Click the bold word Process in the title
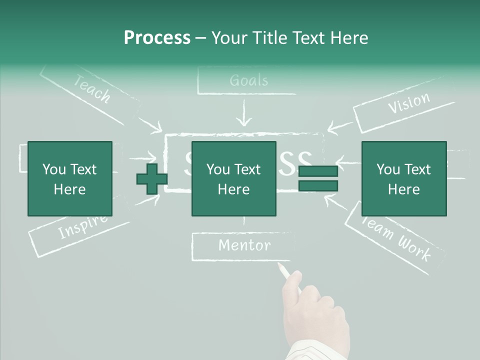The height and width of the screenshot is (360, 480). click(157, 38)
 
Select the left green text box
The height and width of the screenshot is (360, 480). click(69, 178)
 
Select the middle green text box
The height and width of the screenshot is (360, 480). click(233, 178)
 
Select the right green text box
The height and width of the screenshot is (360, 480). click(403, 178)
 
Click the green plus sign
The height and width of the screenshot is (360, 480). click(152, 179)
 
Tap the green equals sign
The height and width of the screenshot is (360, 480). click(318, 179)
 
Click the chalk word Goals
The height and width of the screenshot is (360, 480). click(248, 80)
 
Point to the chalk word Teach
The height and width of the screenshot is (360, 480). click(92, 89)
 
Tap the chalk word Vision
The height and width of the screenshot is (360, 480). click(408, 103)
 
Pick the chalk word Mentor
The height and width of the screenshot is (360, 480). click(244, 245)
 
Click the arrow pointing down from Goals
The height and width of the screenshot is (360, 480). click(244, 114)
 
